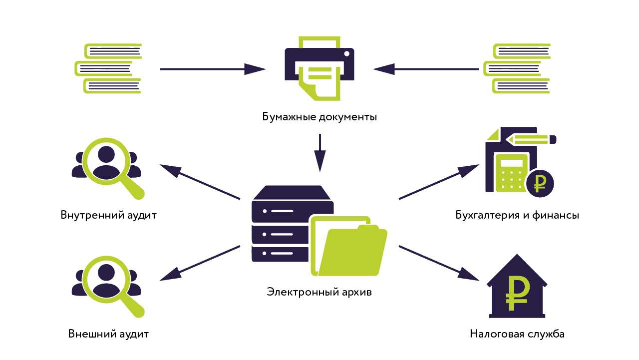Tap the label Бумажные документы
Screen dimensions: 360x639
[x=319, y=117]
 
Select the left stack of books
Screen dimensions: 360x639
[x=108, y=68]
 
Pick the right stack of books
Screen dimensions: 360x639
[x=517, y=68]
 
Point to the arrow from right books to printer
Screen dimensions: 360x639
[x=426, y=69]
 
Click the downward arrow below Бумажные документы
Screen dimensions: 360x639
[x=319, y=152]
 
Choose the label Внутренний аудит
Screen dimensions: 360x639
[x=109, y=216]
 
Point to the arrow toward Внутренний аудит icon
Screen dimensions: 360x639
[x=200, y=182]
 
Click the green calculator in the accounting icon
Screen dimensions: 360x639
[x=510, y=172]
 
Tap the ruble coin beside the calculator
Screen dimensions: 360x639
[x=540, y=183]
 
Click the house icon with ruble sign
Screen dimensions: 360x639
[x=517, y=287]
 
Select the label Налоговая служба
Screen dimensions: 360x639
[x=517, y=334]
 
